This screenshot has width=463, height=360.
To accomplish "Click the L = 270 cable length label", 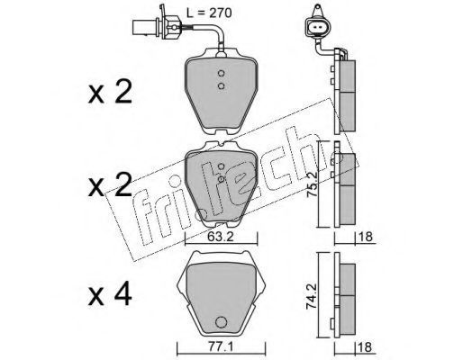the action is coord(209,13).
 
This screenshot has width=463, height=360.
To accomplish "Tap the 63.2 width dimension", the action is coord(221,238).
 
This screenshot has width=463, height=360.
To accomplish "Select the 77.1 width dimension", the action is coord(220,347).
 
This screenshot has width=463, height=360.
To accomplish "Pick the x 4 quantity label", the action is coord(110,295).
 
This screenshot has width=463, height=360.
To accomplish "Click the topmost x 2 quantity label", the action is coord(110,92).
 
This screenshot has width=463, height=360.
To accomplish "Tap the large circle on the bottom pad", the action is coord(222,322).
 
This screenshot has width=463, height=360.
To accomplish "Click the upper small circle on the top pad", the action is coord(222,73).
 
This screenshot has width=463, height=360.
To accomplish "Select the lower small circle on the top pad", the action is coord(222,86).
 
